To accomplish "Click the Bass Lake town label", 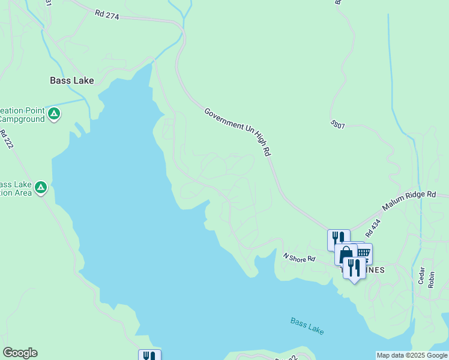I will pyautogui.click(x=71, y=80).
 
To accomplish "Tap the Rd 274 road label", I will pyautogui.click(x=107, y=14).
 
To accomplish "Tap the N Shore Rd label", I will pyautogui.click(x=300, y=258).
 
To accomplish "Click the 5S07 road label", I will pyautogui.click(x=338, y=125).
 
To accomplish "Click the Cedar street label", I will pyautogui.click(x=423, y=277).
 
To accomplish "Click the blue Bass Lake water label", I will pyautogui.click(x=307, y=325).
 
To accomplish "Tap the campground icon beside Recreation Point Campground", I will pyautogui.click(x=54, y=113).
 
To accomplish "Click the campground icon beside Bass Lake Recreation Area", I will pyautogui.click(x=41, y=188).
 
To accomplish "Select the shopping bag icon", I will pyautogui.click(x=346, y=255).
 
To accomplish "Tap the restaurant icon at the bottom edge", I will pyautogui.click(x=149, y=355).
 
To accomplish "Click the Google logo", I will pyautogui.click(x=20, y=353).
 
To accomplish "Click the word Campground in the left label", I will pyautogui.click(x=23, y=119).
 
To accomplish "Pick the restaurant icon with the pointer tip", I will pyautogui.click(x=354, y=268).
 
